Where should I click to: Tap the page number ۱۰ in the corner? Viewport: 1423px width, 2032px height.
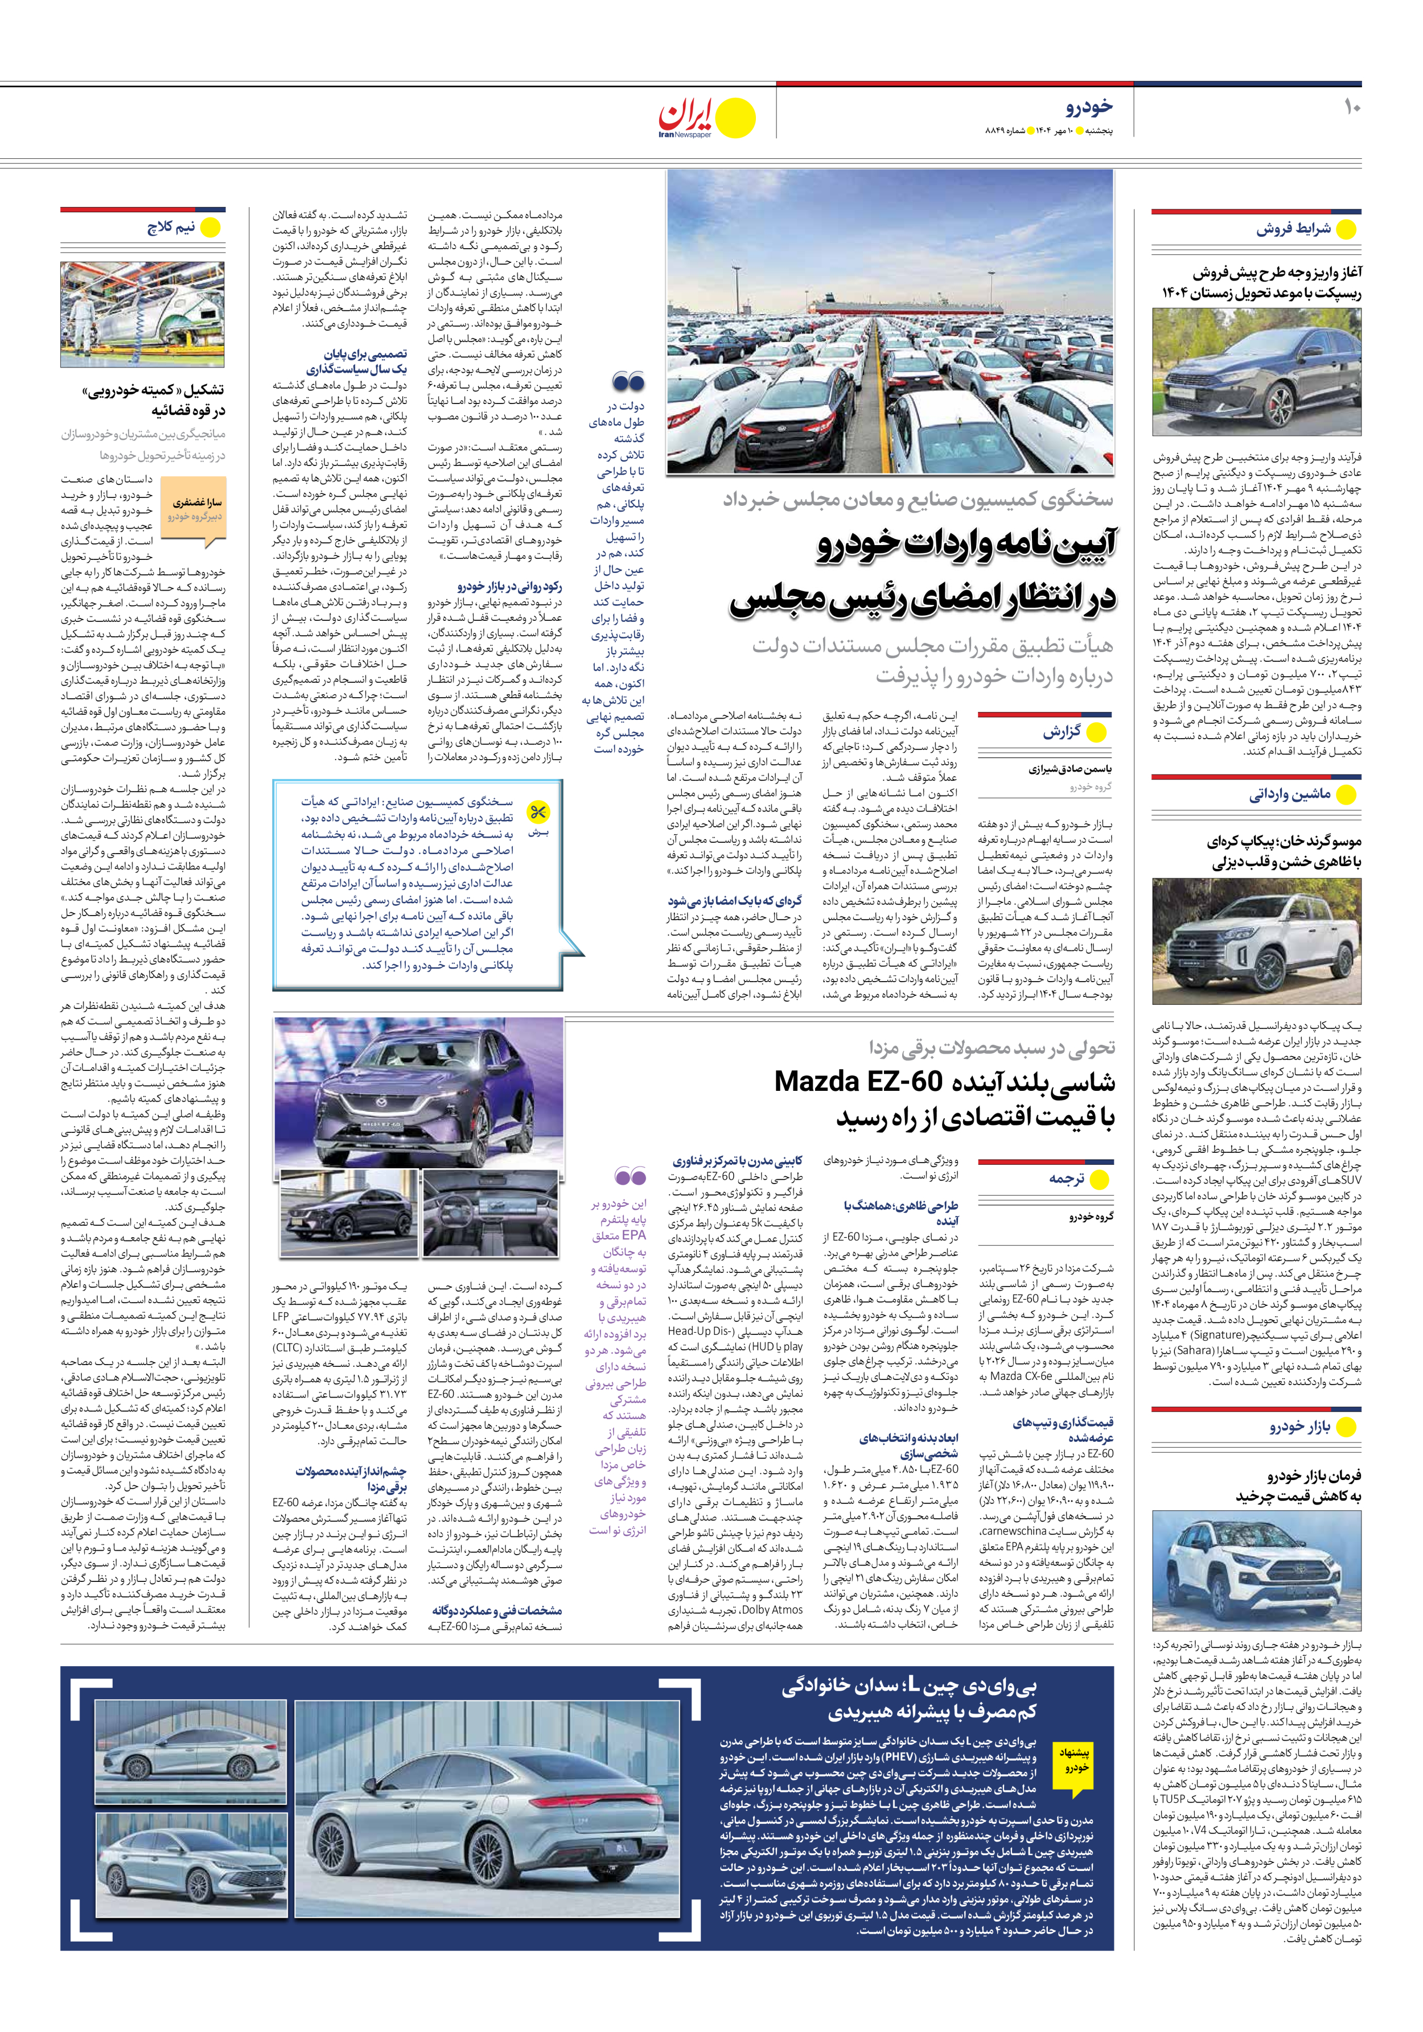click(x=1350, y=107)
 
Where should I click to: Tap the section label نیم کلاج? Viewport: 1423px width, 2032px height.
click(x=171, y=228)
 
